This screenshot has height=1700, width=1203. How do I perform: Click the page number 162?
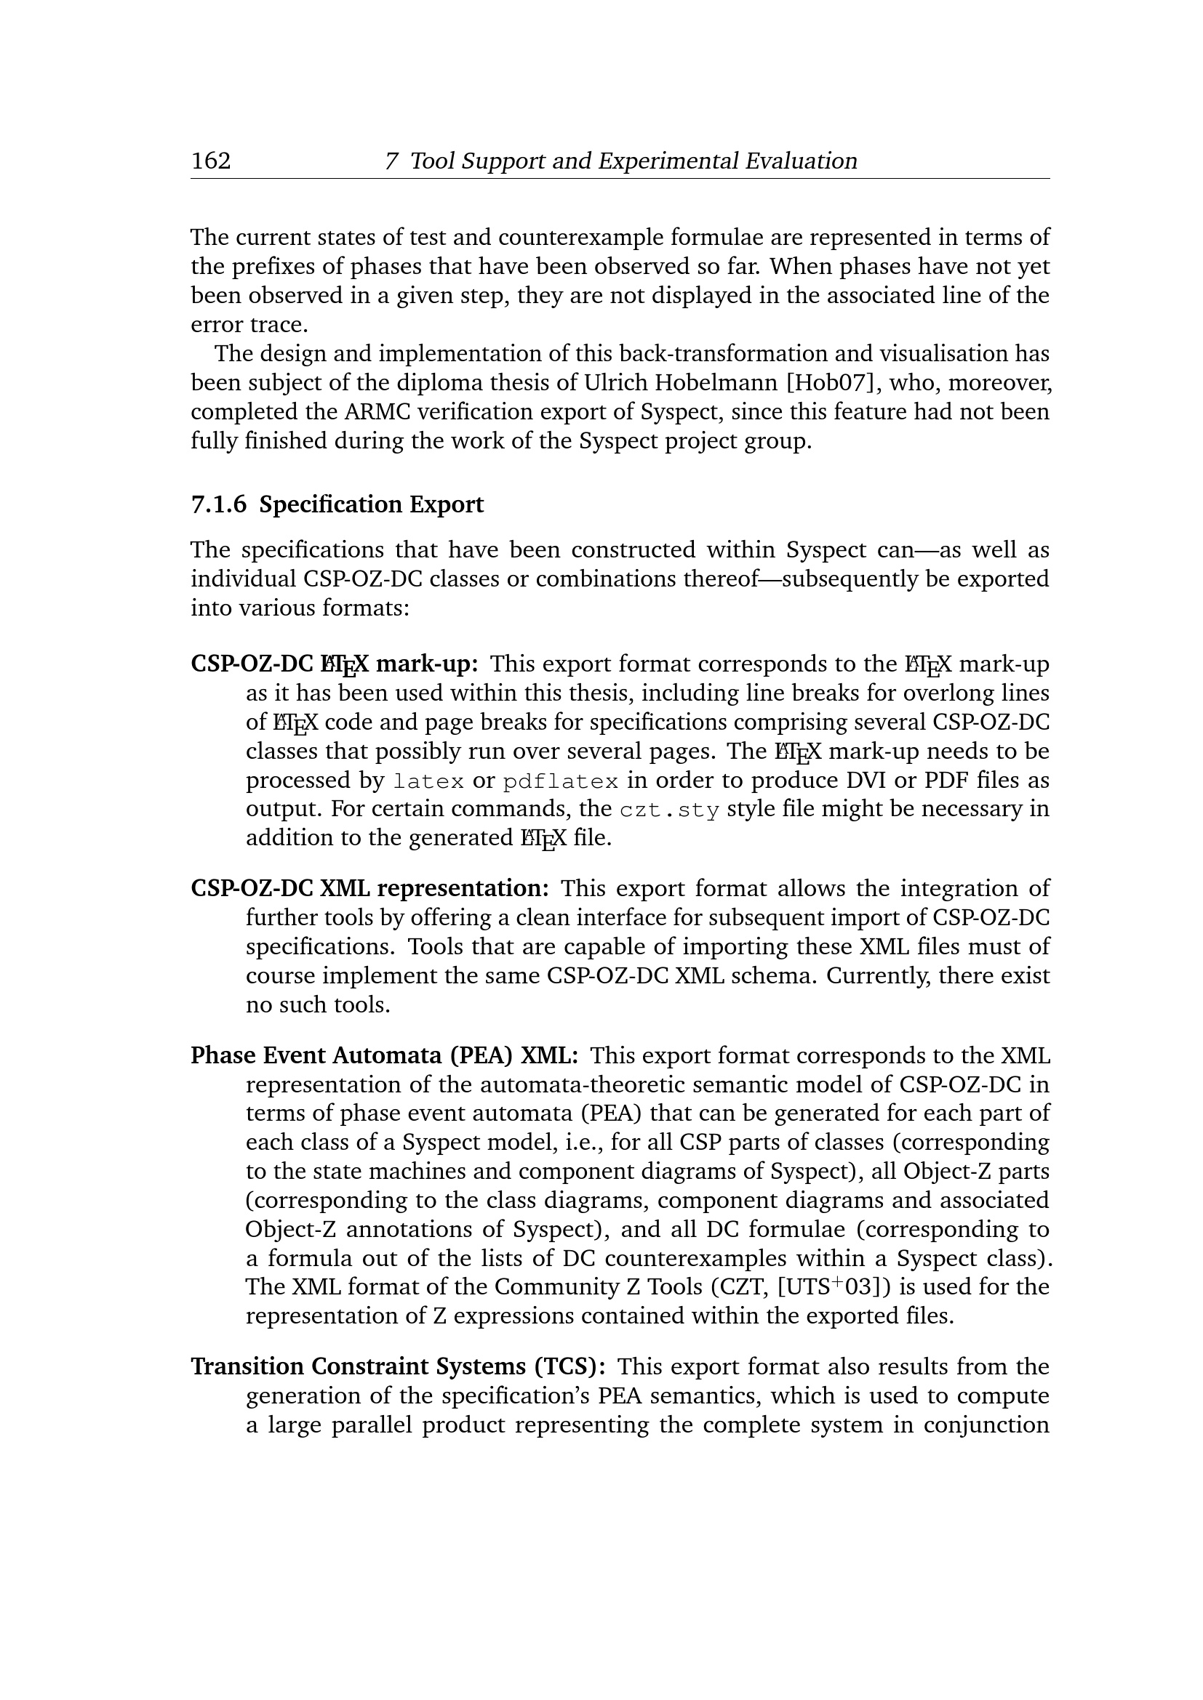[x=211, y=161]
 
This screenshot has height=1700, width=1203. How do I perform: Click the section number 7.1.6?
[x=218, y=505]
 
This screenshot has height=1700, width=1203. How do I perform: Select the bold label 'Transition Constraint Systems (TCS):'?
[x=399, y=1366]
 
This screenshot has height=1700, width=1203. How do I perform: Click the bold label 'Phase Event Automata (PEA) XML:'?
[x=385, y=1055]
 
